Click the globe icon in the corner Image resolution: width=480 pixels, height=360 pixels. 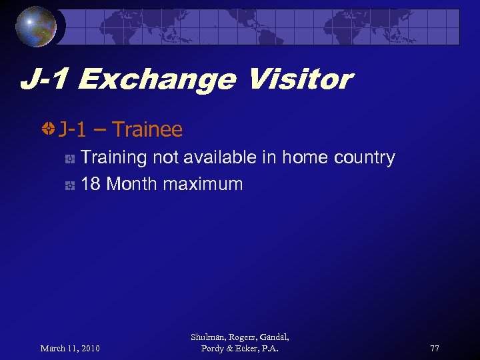tap(37, 26)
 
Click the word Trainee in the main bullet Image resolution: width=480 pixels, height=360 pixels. tap(147, 129)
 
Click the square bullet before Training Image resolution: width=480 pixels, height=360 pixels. tap(69, 159)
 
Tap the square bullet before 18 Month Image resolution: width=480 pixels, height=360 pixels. tap(69, 185)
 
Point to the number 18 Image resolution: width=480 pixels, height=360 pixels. tap(91, 184)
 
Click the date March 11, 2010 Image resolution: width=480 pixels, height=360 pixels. tap(70, 349)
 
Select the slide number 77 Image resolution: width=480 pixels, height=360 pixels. tap(435, 349)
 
